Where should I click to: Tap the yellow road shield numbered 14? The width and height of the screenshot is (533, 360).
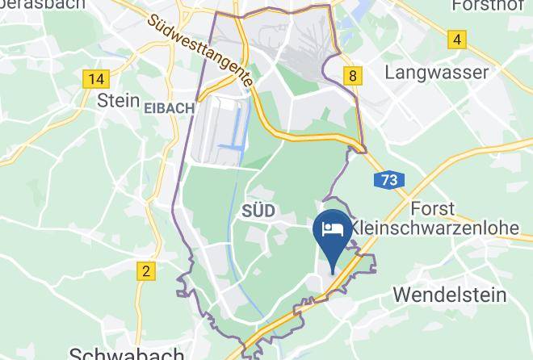(x=95, y=78)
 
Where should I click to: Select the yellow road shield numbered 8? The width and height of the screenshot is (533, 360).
(x=351, y=75)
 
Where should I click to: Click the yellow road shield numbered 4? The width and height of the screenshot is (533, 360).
(x=458, y=39)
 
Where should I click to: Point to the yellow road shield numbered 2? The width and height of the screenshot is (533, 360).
(x=145, y=271)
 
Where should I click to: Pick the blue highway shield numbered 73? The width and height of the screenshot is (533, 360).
(x=389, y=181)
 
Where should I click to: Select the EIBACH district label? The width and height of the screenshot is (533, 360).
(x=169, y=108)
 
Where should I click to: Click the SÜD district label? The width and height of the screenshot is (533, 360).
(x=258, y=211)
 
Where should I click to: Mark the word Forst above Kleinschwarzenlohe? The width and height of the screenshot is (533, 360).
(x=434, y=207)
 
